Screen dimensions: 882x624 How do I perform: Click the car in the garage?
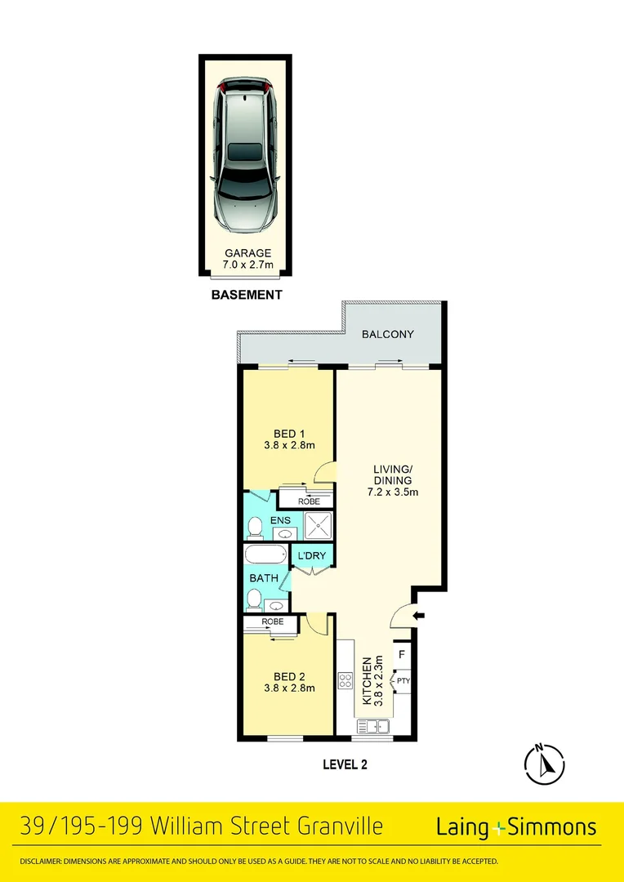[x=245, y=154]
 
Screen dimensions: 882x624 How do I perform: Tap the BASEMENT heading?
[x=247, y=295]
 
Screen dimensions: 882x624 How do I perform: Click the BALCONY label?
[x=388, y=334]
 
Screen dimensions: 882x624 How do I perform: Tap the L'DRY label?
[x=311, y=556]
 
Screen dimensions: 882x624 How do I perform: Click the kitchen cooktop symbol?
[x=345, y=679]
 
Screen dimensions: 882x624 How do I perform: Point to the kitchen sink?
[x=373, y=725]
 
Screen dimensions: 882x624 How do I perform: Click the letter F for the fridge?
[x=402, y=655]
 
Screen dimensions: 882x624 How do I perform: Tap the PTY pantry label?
[x=403, y=679]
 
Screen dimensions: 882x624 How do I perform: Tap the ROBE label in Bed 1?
[x=309, y=501]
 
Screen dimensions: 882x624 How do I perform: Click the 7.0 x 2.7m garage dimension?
[x=247, y=265]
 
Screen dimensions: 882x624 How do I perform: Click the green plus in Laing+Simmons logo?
[x=499, y=828]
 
